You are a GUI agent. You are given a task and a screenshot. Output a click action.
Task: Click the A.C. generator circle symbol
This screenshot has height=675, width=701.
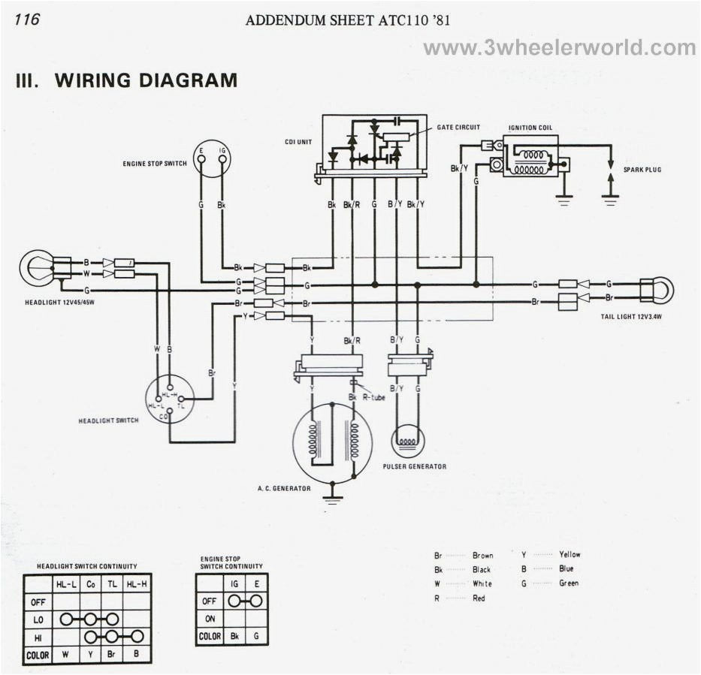tap(332, 443)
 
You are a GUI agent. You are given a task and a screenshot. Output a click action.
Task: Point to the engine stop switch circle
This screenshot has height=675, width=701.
tap(211, 158)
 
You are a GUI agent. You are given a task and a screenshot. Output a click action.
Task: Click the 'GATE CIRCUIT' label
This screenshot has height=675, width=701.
tap(458, 128)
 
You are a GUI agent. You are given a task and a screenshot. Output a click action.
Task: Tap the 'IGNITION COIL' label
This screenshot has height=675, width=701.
tap(530, 128)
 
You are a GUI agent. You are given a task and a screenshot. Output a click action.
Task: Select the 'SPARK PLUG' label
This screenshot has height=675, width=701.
tap(642, 170)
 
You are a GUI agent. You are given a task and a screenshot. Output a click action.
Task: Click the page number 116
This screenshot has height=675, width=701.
tap(26, 20)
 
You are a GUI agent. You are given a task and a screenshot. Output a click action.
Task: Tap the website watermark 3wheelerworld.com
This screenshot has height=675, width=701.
tap(560, 49)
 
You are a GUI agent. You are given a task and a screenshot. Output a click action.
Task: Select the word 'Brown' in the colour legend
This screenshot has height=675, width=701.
tap(482, 556)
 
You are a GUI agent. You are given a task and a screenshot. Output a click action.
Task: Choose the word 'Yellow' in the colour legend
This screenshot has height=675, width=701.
tap(569, 554)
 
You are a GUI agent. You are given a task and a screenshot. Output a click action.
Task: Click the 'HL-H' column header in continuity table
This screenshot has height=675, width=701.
tap(137, 583)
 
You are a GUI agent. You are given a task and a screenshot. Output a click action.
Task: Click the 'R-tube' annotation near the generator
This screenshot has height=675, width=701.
tap(373, 397)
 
